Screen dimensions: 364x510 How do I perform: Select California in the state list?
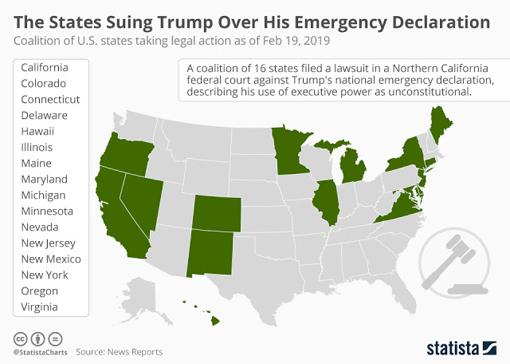pyautogui.click(x=45, y=67)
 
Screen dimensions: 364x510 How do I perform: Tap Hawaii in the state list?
pyautogui.click(x=37, y=131)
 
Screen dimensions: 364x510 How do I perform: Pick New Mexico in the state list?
pyautogui.click(x=51, y=259)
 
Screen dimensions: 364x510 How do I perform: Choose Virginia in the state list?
pyautogui.click(x=40, y=307)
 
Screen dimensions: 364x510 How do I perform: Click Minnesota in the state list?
pyautogui.click(x=47, y=211)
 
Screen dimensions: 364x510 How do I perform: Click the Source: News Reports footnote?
pyautogui.click(x=120, y=351)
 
